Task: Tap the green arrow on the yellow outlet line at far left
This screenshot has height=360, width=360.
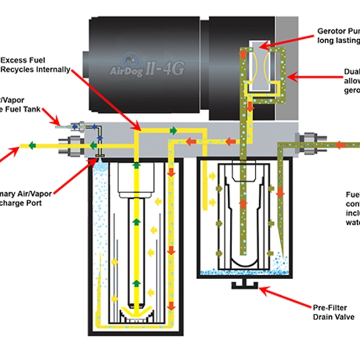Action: pyautogui.click(x=33, y=146)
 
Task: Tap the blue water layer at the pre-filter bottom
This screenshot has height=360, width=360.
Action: pyautogui.click(x=238, y=272)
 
